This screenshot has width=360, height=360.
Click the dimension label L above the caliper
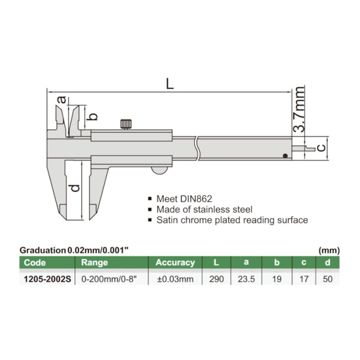click(x=169, y=84)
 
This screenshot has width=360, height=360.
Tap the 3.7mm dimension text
click(x=299, y=109)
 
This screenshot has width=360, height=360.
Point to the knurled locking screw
click(x=126, y=124)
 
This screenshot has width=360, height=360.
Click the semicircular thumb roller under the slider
click(x=160, y=170)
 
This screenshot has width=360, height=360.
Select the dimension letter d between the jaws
click(x=75, y=188)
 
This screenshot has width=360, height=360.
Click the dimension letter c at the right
click(x=321, y=147)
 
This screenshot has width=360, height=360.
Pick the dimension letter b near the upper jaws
click(x=92, y=116)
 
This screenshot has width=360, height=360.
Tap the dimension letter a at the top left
click(x=61, y=100)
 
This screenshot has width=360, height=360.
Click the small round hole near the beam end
click(x=285, y=156)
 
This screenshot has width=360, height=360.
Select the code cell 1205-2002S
click(x=47, y=279)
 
